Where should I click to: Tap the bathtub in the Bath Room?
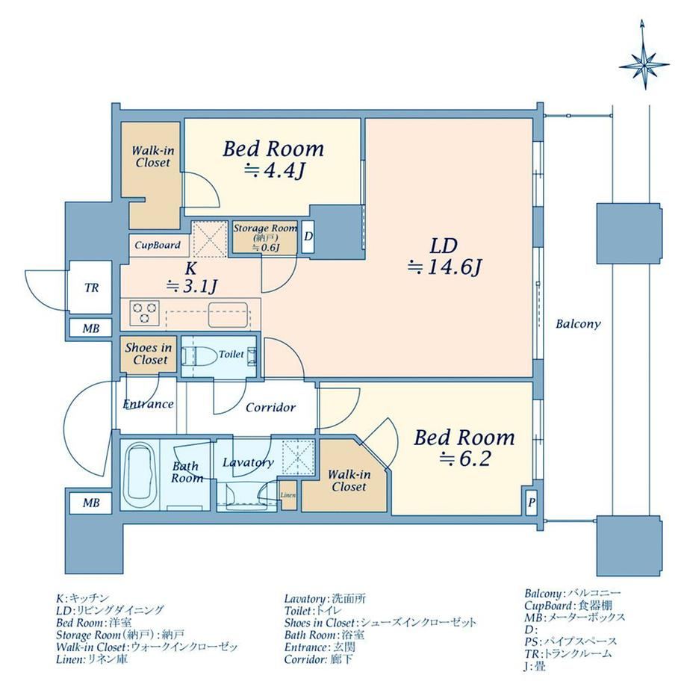[x=140, y=475]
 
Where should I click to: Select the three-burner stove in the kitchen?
[x=144, y=313]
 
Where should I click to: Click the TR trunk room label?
[x=92, y=287]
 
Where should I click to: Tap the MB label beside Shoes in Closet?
[x=91, y=328]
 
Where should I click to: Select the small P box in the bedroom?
[x=532, y=502]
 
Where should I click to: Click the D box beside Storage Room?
[x=308, y=237]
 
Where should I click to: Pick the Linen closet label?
[x=287, y=495]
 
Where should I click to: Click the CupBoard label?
[x=158, y=245]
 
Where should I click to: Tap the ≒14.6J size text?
[x=445, y=267]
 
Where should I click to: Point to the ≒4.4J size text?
[x=273, y=171]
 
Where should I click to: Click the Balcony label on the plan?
[x=578, y=324]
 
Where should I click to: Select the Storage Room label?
[x=264, y=229]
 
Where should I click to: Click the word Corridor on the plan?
[x=270, y=408]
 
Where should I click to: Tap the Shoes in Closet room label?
[x=149, y=354]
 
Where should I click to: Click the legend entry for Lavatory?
[x=325, y=598]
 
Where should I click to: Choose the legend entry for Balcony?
[x=573, y=594]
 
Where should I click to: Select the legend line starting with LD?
[x=110, y=610]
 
